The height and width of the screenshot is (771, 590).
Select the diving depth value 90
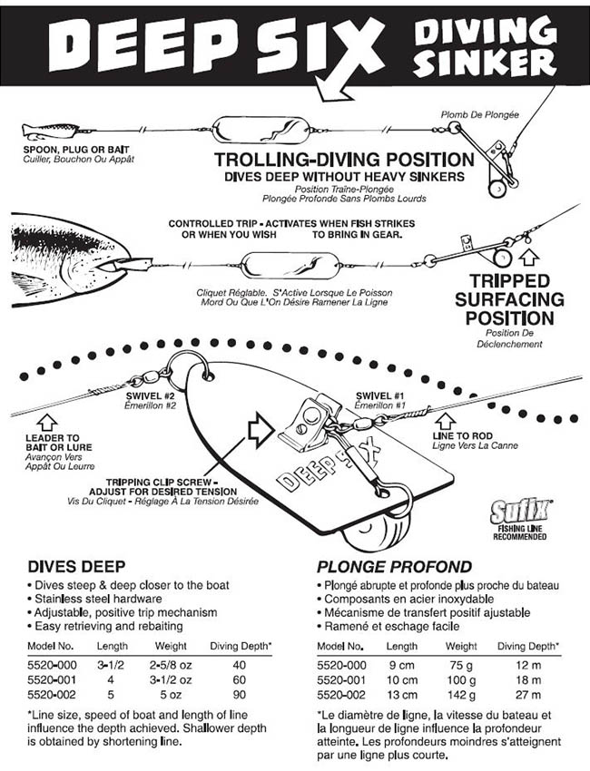point(241,694)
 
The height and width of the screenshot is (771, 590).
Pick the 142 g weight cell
point(460,694)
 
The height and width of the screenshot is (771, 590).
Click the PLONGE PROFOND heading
point(394,566)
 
